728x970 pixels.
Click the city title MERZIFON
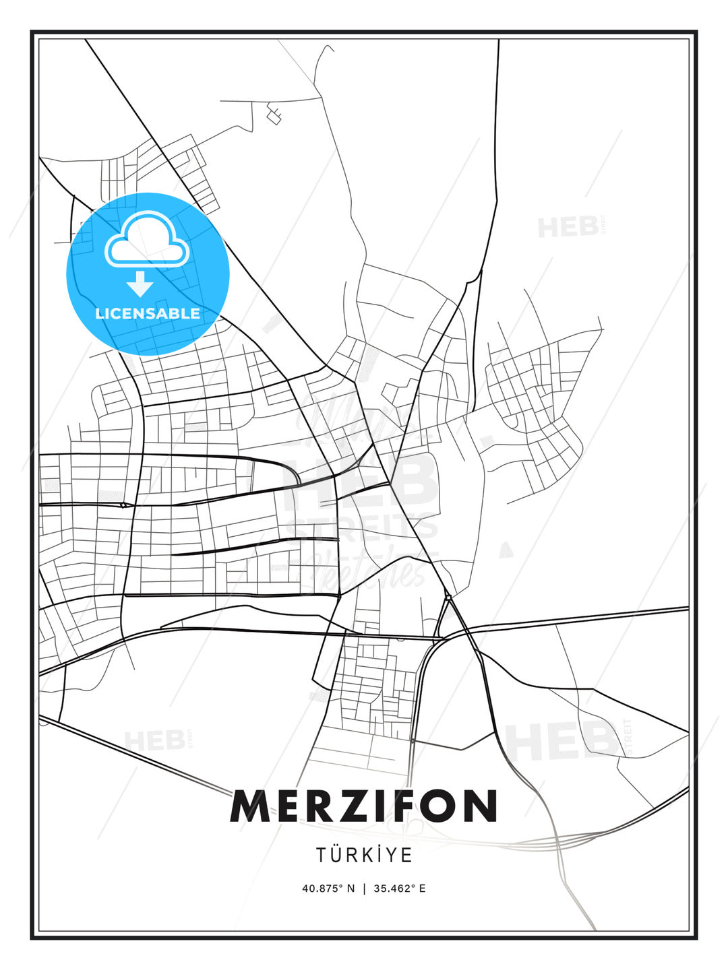click(364, 806)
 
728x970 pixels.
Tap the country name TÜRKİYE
click(364, 855)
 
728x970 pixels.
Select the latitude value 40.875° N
click(328, 888)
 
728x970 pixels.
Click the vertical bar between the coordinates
click(365, 888)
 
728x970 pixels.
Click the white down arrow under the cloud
click(140, 284)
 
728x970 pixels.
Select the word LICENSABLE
click(148, 313)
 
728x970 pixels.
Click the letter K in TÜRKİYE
click(372, 855)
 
